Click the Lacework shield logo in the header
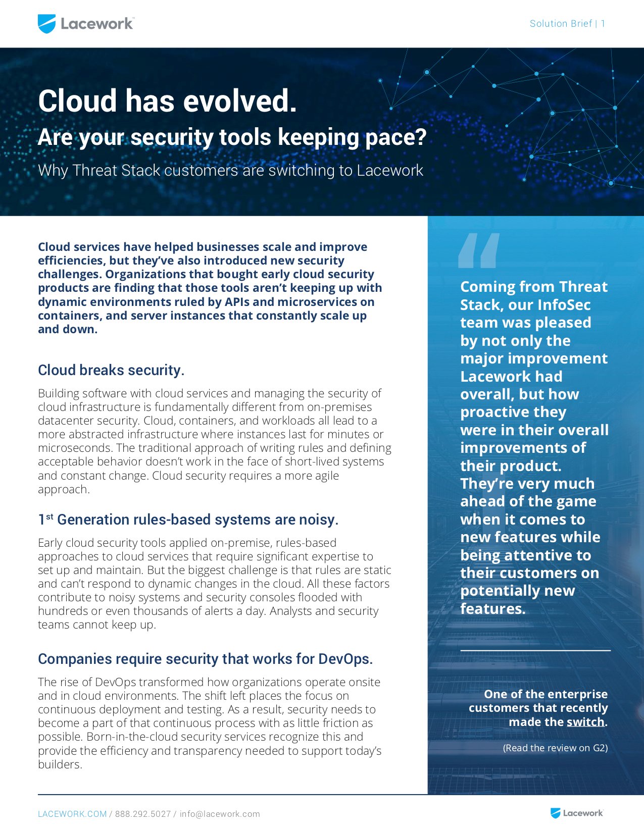46,24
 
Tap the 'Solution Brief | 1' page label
567,24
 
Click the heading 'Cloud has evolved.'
167,101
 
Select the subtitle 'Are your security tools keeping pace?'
232,137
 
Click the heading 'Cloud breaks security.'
111,370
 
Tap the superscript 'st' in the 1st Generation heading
49,516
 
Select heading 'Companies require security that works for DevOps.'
205,659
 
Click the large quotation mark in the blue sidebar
478,250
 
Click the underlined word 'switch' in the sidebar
585,722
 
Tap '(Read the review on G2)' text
555,748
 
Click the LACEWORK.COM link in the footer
72,814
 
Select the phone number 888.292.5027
143,814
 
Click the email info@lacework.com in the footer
220,814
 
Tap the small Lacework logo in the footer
576,813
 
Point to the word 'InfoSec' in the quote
564,305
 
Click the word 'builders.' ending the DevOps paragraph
60,764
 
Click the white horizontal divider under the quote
535,651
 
